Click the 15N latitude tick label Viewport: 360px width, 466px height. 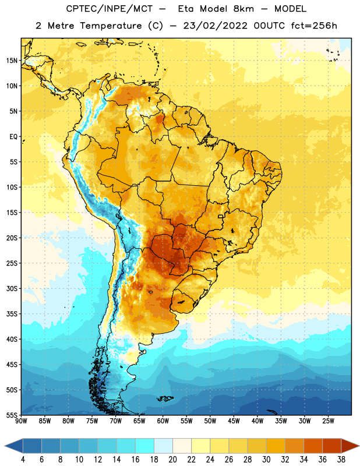pyautogui.click(x=12, y=61)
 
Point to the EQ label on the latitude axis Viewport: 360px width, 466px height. pyautogui.click(x=13, y=137)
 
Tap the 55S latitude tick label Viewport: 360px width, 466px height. pyautogui.click(x=12, y=415)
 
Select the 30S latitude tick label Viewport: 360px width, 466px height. pyautogui.click(x=12, y=288)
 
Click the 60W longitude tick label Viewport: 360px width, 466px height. pyautogui.click(x=163, y=421)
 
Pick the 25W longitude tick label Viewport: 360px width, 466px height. pyautogui.click(x=328, y=421)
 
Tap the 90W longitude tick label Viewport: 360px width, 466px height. pyautogui.click(x=21, y=421)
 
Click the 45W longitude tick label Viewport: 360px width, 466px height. pyautogui.click(x=234, y=421)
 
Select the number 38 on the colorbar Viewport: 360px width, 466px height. pyautogui.click(x=341, y=460)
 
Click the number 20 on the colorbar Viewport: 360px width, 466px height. pyautogui.click(x=172, y=460)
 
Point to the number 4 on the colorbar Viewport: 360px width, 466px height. pyautogui.click(x=23, y=460)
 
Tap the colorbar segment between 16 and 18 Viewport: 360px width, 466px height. pyautogui.click(x=145, y=446)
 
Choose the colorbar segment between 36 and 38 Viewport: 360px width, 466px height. pyautogui.click(x=332, y=446)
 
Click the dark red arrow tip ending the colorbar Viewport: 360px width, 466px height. pyautogui.click(x=358, y=446)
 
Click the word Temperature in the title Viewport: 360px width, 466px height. pyautogui.click(x=111, y=26)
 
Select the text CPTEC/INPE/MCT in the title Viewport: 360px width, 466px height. pyautogui.click(x=109, y=9)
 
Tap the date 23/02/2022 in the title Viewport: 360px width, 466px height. pyautogui.click(x=215, y=26)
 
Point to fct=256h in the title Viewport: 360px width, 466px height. pyautogui.click(x=314, y=26)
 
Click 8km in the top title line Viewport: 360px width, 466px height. pyautogui.click(x=243, y=9)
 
